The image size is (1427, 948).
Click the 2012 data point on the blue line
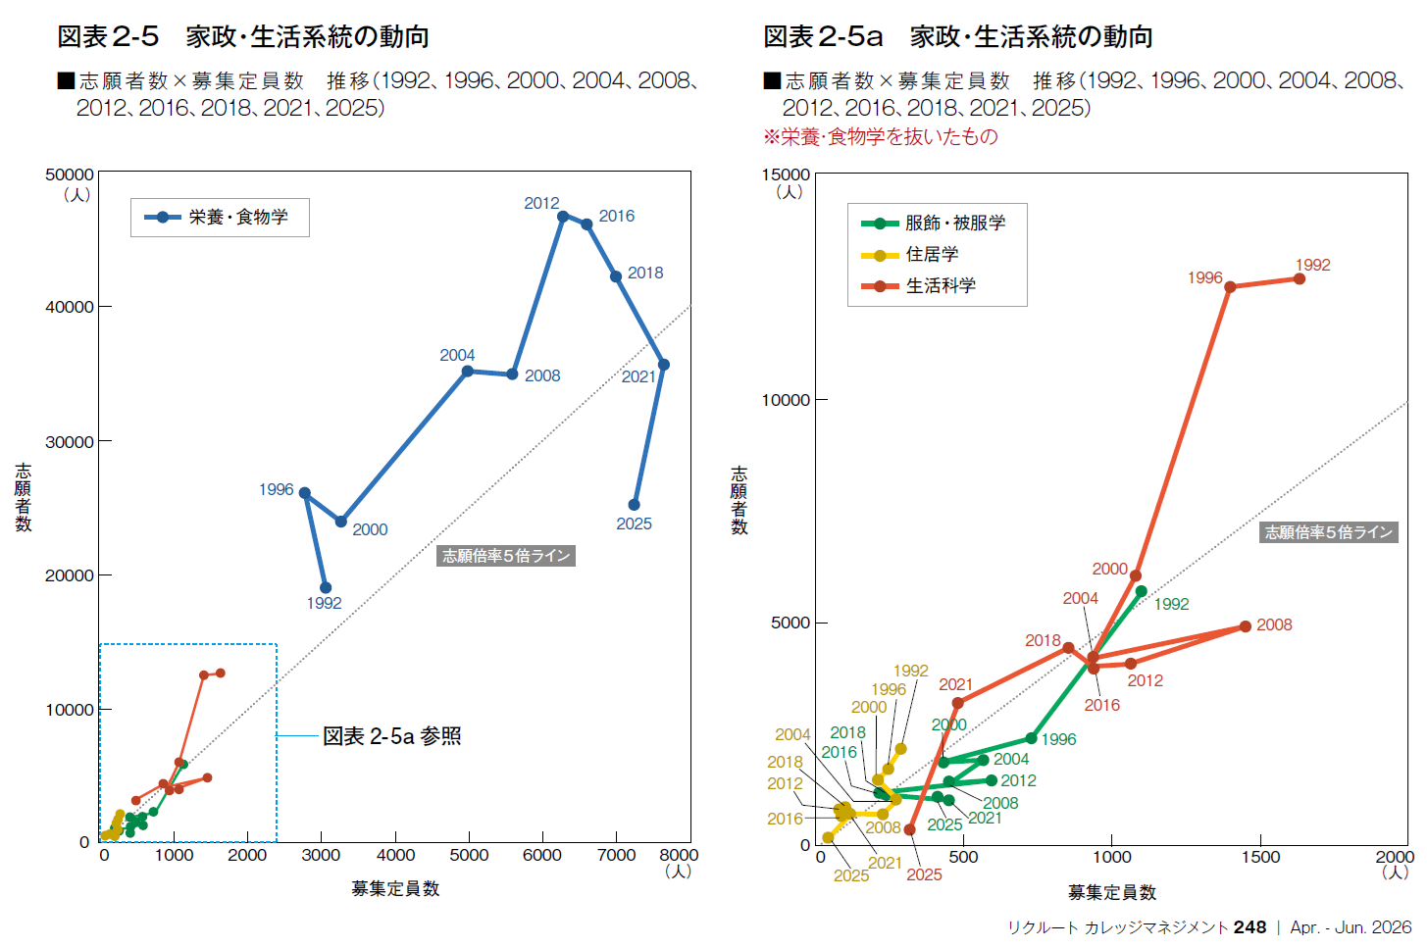tap(563, 216)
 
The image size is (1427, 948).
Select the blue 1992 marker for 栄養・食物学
tap(326, 588)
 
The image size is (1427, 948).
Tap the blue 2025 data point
tap(635, 505)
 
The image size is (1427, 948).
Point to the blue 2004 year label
tap(457, 355)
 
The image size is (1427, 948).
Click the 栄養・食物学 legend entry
tap(220, 218)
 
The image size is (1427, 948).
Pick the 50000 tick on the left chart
tap(70, 175)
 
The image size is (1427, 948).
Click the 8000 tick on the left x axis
tap(678, 855)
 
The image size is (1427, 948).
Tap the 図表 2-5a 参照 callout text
tap(392, 736)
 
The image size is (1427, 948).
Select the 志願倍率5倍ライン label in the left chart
tap(506, 556)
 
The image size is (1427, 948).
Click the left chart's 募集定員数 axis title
tap(395, 888)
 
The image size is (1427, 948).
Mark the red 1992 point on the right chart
tap(1300, 278)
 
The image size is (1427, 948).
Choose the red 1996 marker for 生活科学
tap(1230, 287)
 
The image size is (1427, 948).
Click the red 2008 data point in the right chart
tap(1246, 626)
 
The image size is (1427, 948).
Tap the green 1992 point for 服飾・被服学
tap(1141, 591)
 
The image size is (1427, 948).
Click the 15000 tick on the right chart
tap(787, 175)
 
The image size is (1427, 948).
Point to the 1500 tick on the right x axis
tap(1260, 857)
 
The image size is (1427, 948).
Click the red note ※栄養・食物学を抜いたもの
tap(881, 137)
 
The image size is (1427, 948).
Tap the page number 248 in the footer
tap(1249, 927)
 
